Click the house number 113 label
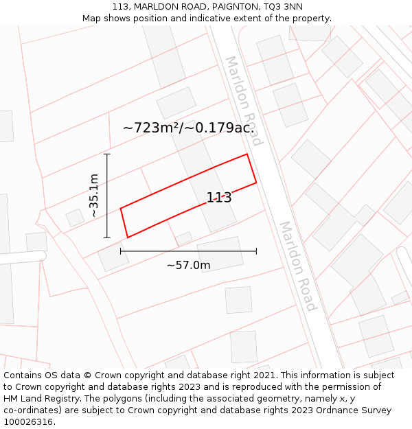point(219,198)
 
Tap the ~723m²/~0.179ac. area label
point(189,128)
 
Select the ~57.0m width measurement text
point(188,265)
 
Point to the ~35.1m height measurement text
point(94,196)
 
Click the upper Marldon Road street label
point(244,101)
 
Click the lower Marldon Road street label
point(297,266)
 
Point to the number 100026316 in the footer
point(28,422)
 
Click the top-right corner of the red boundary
point(247,154)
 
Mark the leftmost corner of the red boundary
point(121,208)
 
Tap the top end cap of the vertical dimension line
point(107,154)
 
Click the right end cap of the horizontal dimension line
point(256,251)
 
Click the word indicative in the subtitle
point(240,19)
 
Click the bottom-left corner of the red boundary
point(128,237)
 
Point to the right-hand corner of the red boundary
point(256,183)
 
